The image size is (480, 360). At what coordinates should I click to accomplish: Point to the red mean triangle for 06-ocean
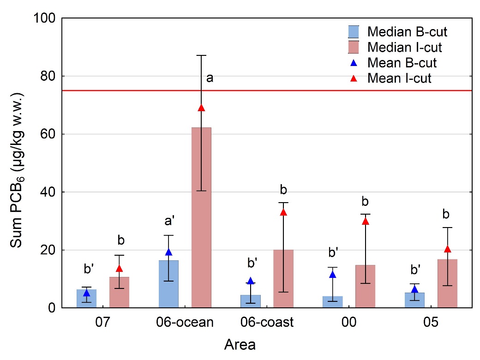201,108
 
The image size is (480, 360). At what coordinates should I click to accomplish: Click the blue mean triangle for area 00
332,275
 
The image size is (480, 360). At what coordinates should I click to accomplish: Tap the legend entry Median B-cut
397,32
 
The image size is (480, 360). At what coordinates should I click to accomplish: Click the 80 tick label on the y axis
45,76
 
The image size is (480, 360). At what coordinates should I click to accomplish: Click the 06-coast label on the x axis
267,322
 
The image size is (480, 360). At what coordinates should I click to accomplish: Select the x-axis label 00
349,322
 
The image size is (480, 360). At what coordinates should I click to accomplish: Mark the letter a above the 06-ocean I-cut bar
210,78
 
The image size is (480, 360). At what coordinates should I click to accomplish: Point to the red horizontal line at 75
277,90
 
